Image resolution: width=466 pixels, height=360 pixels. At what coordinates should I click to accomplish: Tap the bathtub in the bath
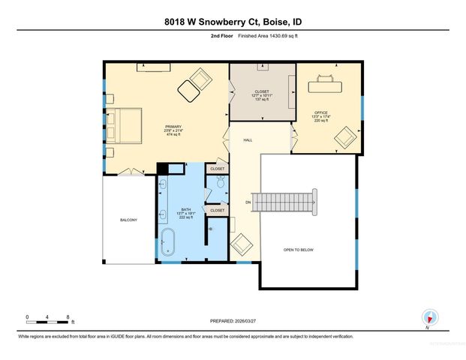170,245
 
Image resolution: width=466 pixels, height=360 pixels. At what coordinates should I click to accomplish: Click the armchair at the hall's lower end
242,245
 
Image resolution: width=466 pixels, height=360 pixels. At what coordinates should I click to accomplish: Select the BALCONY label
129,220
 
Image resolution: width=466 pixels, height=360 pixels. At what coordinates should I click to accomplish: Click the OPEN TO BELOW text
297,249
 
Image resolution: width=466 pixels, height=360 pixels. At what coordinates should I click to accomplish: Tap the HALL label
247,140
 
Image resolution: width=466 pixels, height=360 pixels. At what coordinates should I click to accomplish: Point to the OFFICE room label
321,112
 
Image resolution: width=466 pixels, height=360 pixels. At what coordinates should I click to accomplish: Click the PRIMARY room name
174,125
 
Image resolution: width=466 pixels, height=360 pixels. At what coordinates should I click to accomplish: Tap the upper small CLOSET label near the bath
217,169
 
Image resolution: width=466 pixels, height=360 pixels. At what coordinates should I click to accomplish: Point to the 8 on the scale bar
68,317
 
